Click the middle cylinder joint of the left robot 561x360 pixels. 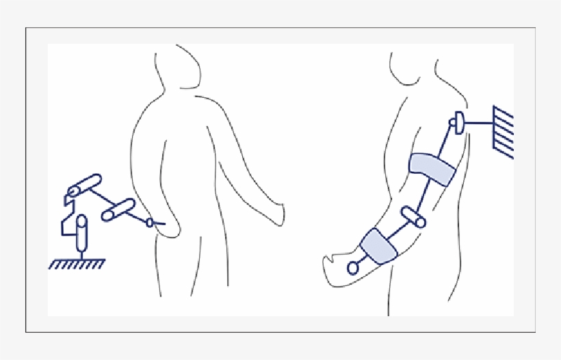pyautogui.click(x=118, y=209)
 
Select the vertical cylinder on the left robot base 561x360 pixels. pyautogui.click(x=82, y=233)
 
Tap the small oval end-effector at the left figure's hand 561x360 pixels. pyautogui.click(x=150, y=222)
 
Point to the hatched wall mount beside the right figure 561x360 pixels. pyautogui.click(x=504, y=132)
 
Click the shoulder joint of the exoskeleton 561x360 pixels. pyautogui.click(x=456, y=124)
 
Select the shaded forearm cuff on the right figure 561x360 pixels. pyautogui.click(x=378, y=245)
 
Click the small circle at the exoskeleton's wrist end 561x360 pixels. pyautogui.click(x=353, y=268)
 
